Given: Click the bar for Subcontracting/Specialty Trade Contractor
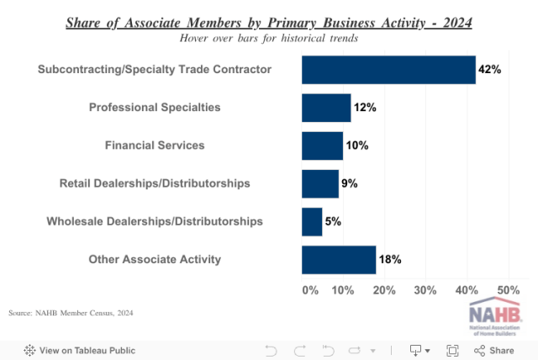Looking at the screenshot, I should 388,70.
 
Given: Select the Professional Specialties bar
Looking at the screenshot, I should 326,108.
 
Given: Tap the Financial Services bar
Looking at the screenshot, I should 322,146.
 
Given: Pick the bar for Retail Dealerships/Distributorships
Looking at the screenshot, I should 320,183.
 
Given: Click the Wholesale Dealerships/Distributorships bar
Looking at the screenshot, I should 312,221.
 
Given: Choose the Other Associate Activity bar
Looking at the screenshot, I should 339,259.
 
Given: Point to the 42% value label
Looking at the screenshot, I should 489,70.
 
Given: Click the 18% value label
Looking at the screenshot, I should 390,259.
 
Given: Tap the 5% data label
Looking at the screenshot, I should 333,221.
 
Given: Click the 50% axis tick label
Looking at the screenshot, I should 509,290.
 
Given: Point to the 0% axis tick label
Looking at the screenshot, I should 309,290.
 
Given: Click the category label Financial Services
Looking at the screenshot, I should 155,146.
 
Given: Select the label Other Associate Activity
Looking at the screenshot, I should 155,259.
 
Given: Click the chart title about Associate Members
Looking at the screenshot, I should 269,22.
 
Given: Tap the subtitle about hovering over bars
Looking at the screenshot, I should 269,38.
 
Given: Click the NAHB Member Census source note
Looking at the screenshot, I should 71,313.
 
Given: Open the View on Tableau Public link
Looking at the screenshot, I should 79,350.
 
